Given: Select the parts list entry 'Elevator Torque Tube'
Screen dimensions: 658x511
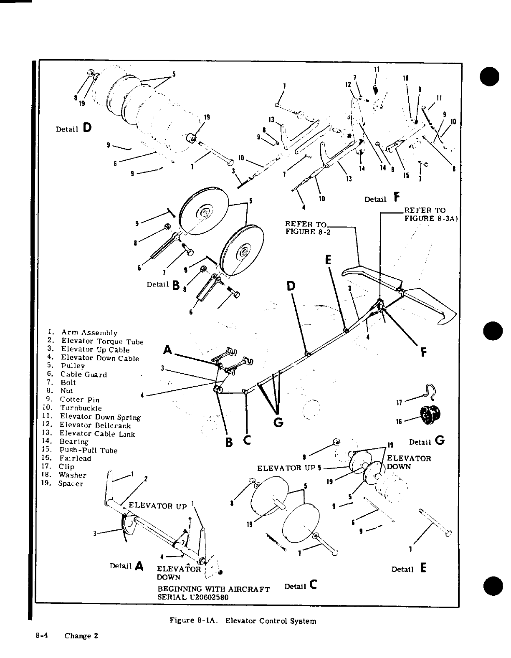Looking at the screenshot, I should coord(102,341).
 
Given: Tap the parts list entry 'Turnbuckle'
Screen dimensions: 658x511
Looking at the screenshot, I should coord(81,408).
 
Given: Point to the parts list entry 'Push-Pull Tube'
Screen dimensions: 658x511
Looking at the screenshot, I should coord(88,450).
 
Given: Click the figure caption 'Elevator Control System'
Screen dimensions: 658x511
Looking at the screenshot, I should coord(271,621).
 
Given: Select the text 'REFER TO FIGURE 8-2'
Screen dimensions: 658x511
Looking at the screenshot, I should coord(307,228).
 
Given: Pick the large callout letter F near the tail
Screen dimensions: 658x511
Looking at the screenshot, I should coord(423,353).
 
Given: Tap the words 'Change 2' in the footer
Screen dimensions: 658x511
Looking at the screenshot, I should coord(81,636).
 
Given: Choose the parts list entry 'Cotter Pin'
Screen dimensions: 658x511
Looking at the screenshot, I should coord(79,400).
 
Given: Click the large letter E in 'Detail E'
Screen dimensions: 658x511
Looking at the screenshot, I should coord(424,568).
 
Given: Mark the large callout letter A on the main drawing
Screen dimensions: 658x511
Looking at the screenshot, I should coord(167,349).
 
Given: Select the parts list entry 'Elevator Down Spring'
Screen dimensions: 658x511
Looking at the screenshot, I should coord(100,417).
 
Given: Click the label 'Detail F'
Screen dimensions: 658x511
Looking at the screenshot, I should coord(382,198).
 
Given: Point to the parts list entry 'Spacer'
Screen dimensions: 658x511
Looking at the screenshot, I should coord(71,484).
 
